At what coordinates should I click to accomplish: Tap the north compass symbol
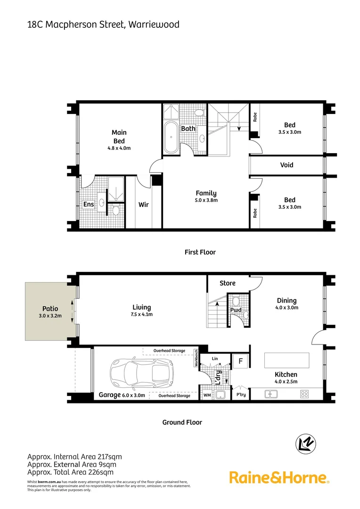tap(305, 444)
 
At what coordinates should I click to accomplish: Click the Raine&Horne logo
tap(279, 477)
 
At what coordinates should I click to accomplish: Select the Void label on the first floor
tap(286, 165)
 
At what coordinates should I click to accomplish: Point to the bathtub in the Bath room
tap(171, 138)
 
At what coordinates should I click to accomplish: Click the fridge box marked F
tap(240, 362)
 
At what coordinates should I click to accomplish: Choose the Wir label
tap(144, 205)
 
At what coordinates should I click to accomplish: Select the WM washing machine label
tap(207, 395)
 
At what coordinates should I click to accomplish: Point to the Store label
tap(228, 283)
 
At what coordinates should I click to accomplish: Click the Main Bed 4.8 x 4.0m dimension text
tap(119, 148)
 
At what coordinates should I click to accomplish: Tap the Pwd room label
tap(236, 310)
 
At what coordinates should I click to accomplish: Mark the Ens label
tap(88, 204)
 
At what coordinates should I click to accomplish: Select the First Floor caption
tap(200, 252)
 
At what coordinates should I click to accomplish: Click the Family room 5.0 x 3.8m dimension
tap(206, 200)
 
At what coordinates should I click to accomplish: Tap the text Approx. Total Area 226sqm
tap(70, 472)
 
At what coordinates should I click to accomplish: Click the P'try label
tap(241, 395)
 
